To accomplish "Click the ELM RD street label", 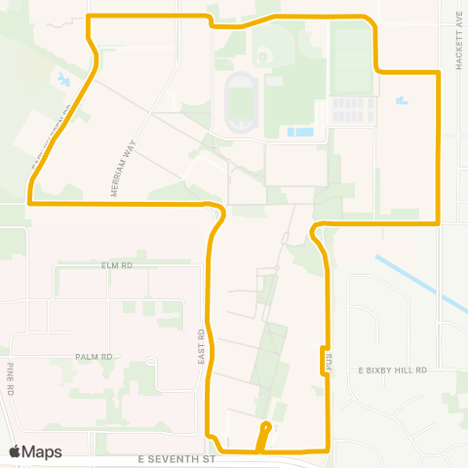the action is pos(116,264).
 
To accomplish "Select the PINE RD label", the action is pos(9,377).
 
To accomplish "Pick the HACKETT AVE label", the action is pos(456,44).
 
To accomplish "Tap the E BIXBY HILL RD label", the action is pos(393,371).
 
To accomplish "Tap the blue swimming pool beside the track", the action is pos(299,132).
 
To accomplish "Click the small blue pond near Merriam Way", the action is pos(64,79).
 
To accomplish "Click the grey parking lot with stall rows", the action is pos(351,110).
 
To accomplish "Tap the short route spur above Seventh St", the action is pos(263,436).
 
